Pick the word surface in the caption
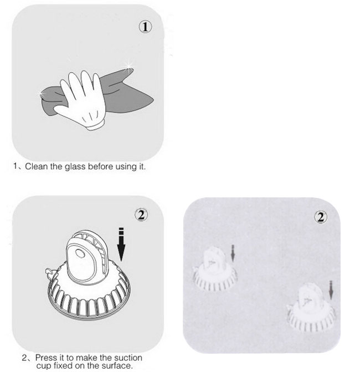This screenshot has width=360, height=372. click(117, 366)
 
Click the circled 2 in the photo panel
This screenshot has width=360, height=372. click(320, 216)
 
